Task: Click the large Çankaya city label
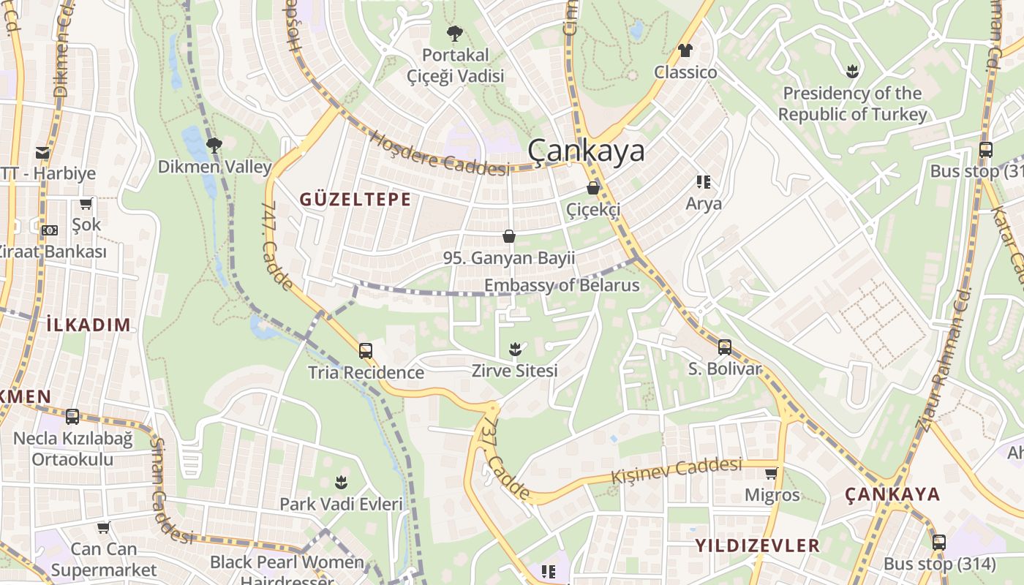587,151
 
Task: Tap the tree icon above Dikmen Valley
214,146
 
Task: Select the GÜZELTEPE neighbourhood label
355,200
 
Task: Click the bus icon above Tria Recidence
366,351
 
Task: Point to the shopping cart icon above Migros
772,473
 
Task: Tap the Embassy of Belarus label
562,285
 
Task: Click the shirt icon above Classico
685,50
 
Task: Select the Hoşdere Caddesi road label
439,154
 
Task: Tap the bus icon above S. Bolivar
724,347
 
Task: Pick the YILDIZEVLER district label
757,546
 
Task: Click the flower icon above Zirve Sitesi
515,349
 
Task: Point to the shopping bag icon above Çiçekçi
593,188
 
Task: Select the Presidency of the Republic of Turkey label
852,104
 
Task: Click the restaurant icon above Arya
703,181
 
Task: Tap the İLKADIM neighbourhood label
88,325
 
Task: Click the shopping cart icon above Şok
86,203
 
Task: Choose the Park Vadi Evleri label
341,504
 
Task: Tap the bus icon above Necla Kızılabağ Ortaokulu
72,417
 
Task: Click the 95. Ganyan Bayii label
509,258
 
